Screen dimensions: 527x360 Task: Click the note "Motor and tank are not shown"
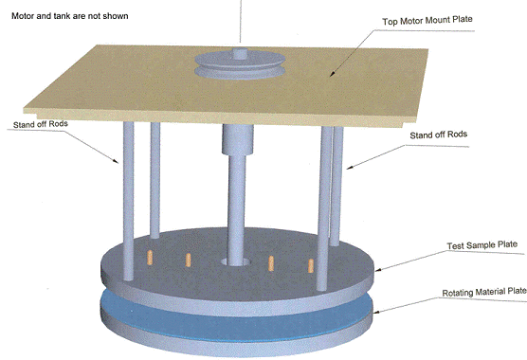(70, 16)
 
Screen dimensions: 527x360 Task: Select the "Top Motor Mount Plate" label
(427, 21)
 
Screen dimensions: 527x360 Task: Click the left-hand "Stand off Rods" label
(41, 124)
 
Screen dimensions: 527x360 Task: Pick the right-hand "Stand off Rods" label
(438, 135)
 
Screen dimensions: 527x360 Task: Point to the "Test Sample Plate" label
(482, 245)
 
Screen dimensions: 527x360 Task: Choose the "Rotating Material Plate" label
(484, 292)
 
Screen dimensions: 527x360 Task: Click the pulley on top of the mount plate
(241, 64)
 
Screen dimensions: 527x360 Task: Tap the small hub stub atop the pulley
(241, 54)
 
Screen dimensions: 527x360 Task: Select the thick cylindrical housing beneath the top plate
(237, 139)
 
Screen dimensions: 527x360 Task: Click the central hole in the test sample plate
(235, 261)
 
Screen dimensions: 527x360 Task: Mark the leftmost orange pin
(150, 258)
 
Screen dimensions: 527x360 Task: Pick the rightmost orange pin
(311, 265)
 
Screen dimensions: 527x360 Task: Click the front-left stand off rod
(128, 201)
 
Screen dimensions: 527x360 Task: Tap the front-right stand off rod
(324, 208)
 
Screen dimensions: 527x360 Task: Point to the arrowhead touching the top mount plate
(332, 74)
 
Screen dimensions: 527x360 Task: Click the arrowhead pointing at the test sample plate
(379, 269)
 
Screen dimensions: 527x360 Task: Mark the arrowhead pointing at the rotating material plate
(378, 312)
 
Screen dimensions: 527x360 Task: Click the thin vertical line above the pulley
(241, 21)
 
